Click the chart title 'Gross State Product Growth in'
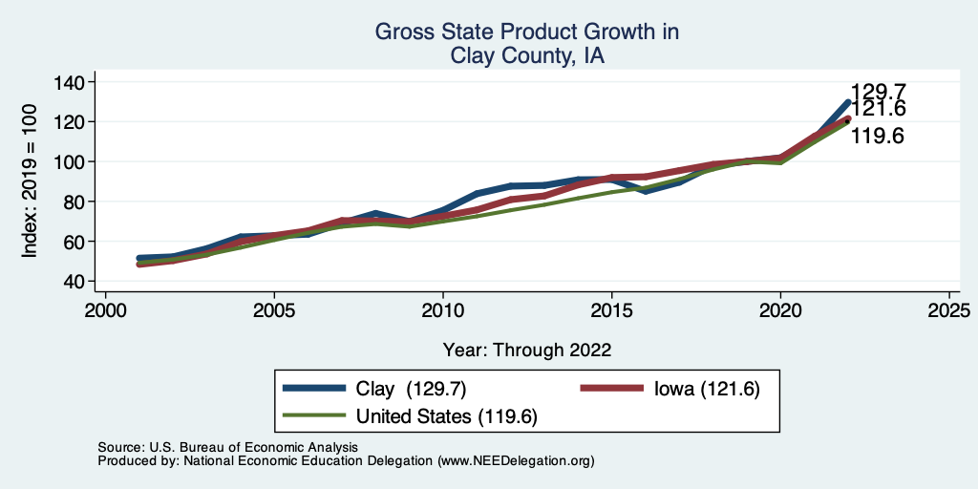pos(526,32)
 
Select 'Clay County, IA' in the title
pos(526,56)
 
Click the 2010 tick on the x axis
pos(442,310)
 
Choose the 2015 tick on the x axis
pos(611,310)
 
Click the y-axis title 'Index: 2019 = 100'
pos(30,181)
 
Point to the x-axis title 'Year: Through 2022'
pos(526,350)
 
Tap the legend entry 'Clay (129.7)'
pos(410,389)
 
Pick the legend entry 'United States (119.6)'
pos(447,416)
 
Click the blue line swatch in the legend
pos(314,389)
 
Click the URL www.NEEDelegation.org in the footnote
pos(516,460)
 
